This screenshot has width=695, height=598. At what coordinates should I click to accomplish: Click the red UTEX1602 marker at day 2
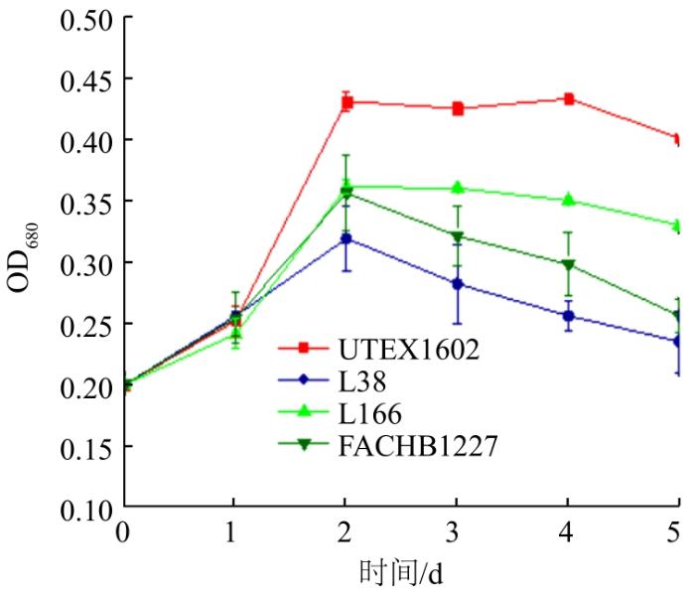[x=347, y=102]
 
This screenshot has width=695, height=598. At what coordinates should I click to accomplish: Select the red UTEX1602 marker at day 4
[x=569, y=99]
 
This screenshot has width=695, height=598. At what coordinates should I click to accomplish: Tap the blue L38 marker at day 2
[x=347, y=238]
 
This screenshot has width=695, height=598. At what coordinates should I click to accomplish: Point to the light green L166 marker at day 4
[x=569, y=200]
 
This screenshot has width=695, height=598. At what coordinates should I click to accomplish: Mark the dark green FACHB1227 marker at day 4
[x=569, y=265]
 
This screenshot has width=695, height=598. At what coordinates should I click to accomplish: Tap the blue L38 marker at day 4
[x=569, y=316]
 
